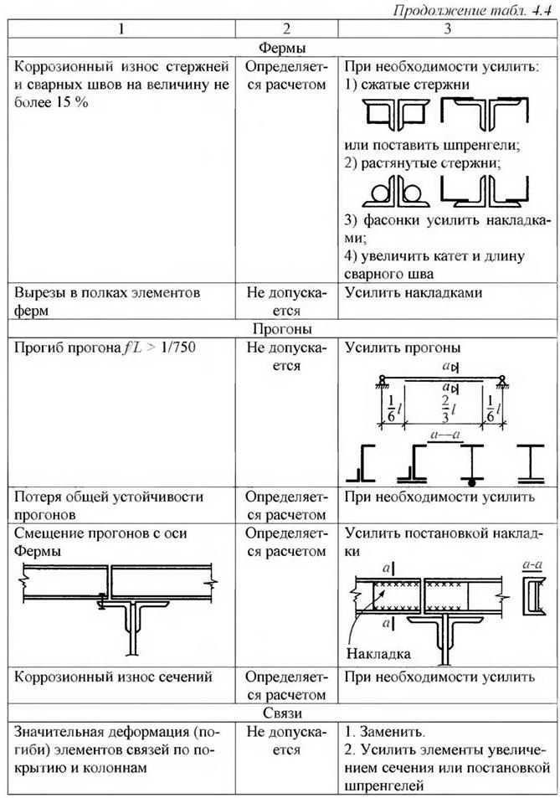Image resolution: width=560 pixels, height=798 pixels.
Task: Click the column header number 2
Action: [287, 28]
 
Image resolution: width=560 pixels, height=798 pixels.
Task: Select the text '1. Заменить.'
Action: [385, 731]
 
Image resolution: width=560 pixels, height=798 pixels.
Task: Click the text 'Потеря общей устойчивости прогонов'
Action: [109, 505]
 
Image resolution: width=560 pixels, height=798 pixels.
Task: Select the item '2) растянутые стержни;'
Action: [423, 163]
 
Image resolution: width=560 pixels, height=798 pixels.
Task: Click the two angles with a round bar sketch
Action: [396, 195]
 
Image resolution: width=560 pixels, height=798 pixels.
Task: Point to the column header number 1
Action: [122, 28]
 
